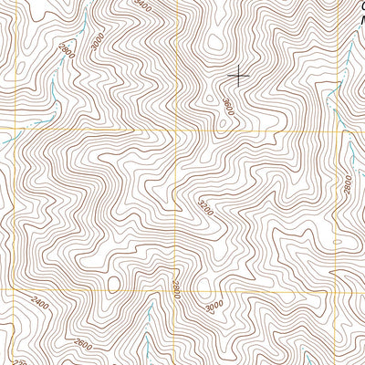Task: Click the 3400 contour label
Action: [140, 6]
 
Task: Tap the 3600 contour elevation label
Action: [226, 107]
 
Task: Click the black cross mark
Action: [238, 75]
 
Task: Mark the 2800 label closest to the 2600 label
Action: [175, 293]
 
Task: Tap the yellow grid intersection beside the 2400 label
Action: [16, 289]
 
